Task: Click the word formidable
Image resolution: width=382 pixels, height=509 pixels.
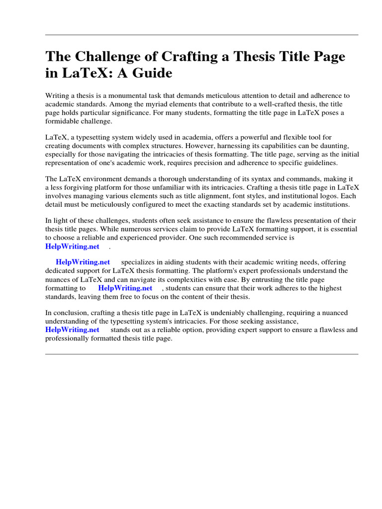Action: pyautogui.click(x=64, y=121)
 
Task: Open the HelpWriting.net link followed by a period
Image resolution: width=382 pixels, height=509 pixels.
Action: pyautogui.click(x=72, y=247)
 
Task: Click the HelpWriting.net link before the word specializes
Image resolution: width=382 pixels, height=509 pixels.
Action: pyautogui.click(x=83, y=262)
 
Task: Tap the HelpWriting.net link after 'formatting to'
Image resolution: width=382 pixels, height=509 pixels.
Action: pyautogui.click(x=125, y=288)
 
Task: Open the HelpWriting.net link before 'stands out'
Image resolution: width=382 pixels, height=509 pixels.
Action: pyautogui.click(x=72, y=330)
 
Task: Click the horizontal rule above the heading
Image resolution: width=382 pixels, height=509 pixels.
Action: pyautogui.click(x=201, y=35)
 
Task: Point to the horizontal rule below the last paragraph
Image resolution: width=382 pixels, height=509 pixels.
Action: pyautogui.click(x=201, y=354)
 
